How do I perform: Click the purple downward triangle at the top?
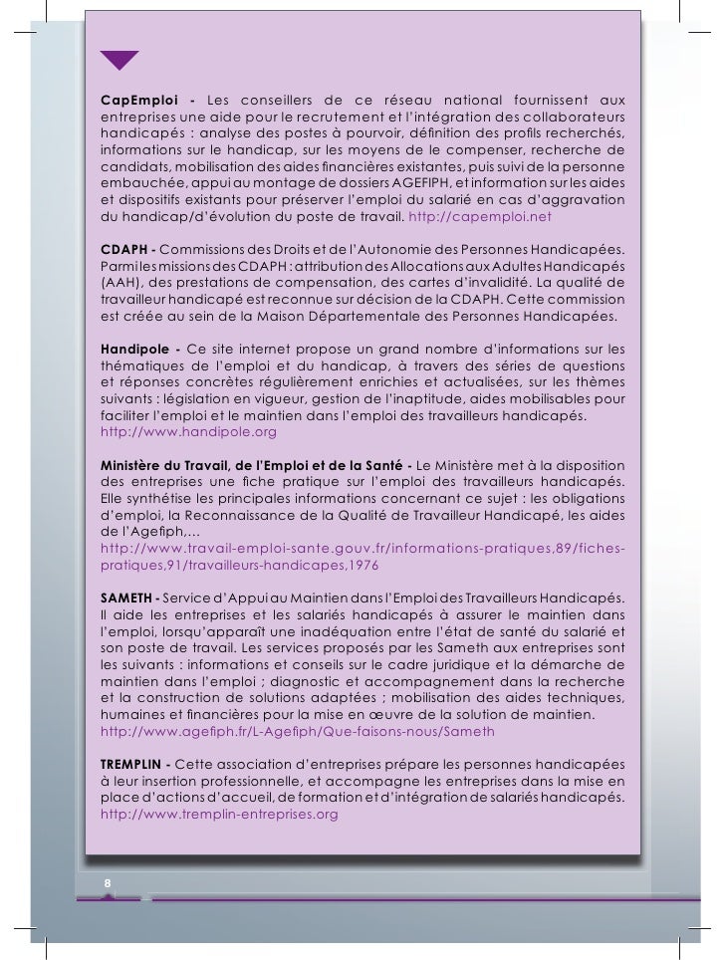click(x=121, y=60)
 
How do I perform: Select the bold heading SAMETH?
click(x=126, y=597)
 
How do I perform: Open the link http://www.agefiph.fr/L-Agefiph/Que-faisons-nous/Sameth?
click(x=298, y=732)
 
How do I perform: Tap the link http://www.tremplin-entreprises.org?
click(x=220, y=814)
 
